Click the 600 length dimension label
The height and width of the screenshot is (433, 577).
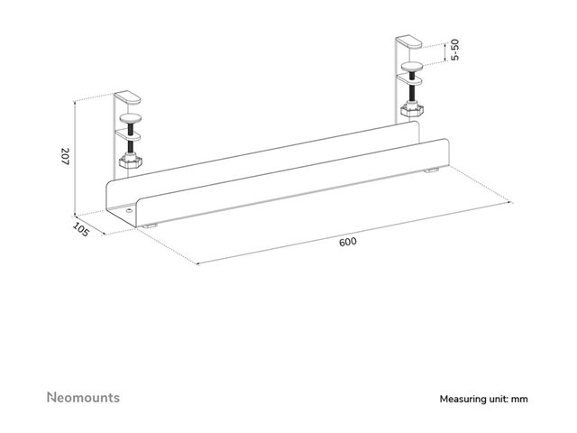point(348,242)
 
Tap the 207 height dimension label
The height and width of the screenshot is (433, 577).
point(65,156)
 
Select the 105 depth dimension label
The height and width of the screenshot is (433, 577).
point(80,229)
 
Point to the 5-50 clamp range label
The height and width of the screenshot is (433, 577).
point(455,50)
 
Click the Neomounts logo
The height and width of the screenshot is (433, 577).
point(84,397)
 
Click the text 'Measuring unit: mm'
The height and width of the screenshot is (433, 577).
point(483,399)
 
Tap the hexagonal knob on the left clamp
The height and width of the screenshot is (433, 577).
point(130,161)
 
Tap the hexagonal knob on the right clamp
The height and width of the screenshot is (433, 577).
point(412,109)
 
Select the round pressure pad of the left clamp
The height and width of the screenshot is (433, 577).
point(131,118)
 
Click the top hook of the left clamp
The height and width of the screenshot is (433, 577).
point(127,97)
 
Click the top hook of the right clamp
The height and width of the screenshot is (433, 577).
point(408,41)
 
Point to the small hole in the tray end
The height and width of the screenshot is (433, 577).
point(129,211)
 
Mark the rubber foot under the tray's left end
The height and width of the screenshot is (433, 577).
point(151,226)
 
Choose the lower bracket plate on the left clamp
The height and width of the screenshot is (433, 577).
point(128,134)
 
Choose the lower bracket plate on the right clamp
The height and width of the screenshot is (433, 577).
point(409,79)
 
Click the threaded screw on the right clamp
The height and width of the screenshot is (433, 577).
point(412,88)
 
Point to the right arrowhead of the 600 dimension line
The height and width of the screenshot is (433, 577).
point(512,202)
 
